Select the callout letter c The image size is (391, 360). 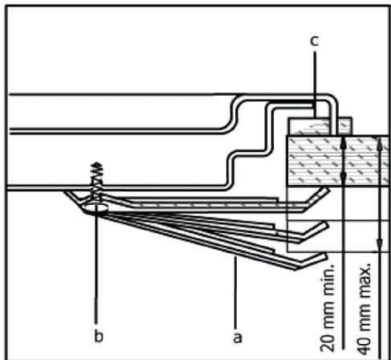[315, 39]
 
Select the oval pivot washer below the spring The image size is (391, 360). [96, 207]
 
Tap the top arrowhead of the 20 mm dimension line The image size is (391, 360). [343, 141]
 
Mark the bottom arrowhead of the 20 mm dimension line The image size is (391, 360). [343, 183]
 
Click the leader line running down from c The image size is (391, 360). [315, 80]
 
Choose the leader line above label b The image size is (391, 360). [96, 273]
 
